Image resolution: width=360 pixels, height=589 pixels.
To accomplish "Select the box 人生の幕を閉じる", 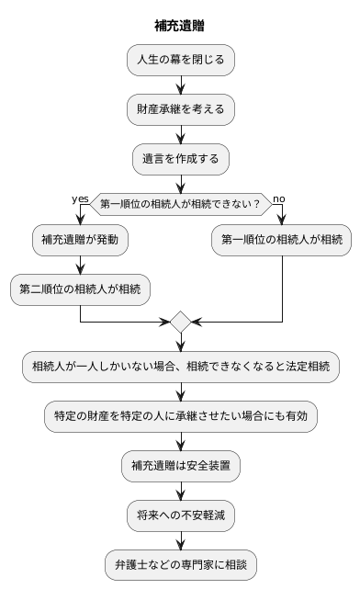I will click(x=180, y=60).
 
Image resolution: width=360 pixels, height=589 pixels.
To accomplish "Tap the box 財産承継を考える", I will click(x=180, y=109).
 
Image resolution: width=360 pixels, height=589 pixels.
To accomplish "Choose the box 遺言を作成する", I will click(x=180, y=158).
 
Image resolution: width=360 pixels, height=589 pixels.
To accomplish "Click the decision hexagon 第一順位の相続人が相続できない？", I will click(x=180, y=203).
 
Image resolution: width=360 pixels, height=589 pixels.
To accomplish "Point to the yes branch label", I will click(x=80, y=198).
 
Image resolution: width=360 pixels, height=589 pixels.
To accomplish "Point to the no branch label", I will click(x=279, y=198).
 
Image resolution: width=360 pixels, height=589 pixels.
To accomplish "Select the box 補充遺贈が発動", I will click(x=81, y=240).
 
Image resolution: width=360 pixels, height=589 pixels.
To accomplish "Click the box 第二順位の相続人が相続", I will click(x=81, y=289).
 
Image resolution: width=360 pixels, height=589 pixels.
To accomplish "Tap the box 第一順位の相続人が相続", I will click(x=282, y=240).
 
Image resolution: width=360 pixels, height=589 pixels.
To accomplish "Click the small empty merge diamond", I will click(x=180, y=322).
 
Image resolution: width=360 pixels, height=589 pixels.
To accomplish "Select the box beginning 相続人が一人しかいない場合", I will click(x=180, y=367).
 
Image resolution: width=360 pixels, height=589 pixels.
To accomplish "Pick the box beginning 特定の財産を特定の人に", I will click(x=180, y=416).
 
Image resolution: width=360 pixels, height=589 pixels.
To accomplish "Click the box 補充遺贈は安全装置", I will click(x=180, y=466).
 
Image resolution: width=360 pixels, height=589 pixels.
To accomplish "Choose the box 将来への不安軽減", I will click(x=180, y=515).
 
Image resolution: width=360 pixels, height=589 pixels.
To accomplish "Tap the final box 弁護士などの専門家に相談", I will click(x=180, y=563).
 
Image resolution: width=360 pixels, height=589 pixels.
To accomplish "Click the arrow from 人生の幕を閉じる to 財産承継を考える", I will click(x=180, y=85).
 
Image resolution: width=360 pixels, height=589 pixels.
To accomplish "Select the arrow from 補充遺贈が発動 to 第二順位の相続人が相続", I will click(x=81, y=265).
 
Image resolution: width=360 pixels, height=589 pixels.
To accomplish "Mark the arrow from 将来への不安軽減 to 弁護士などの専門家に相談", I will click(x=180, y=539).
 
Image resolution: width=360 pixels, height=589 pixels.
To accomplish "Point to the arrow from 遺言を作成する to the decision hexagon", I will click(x=180, y=183).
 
